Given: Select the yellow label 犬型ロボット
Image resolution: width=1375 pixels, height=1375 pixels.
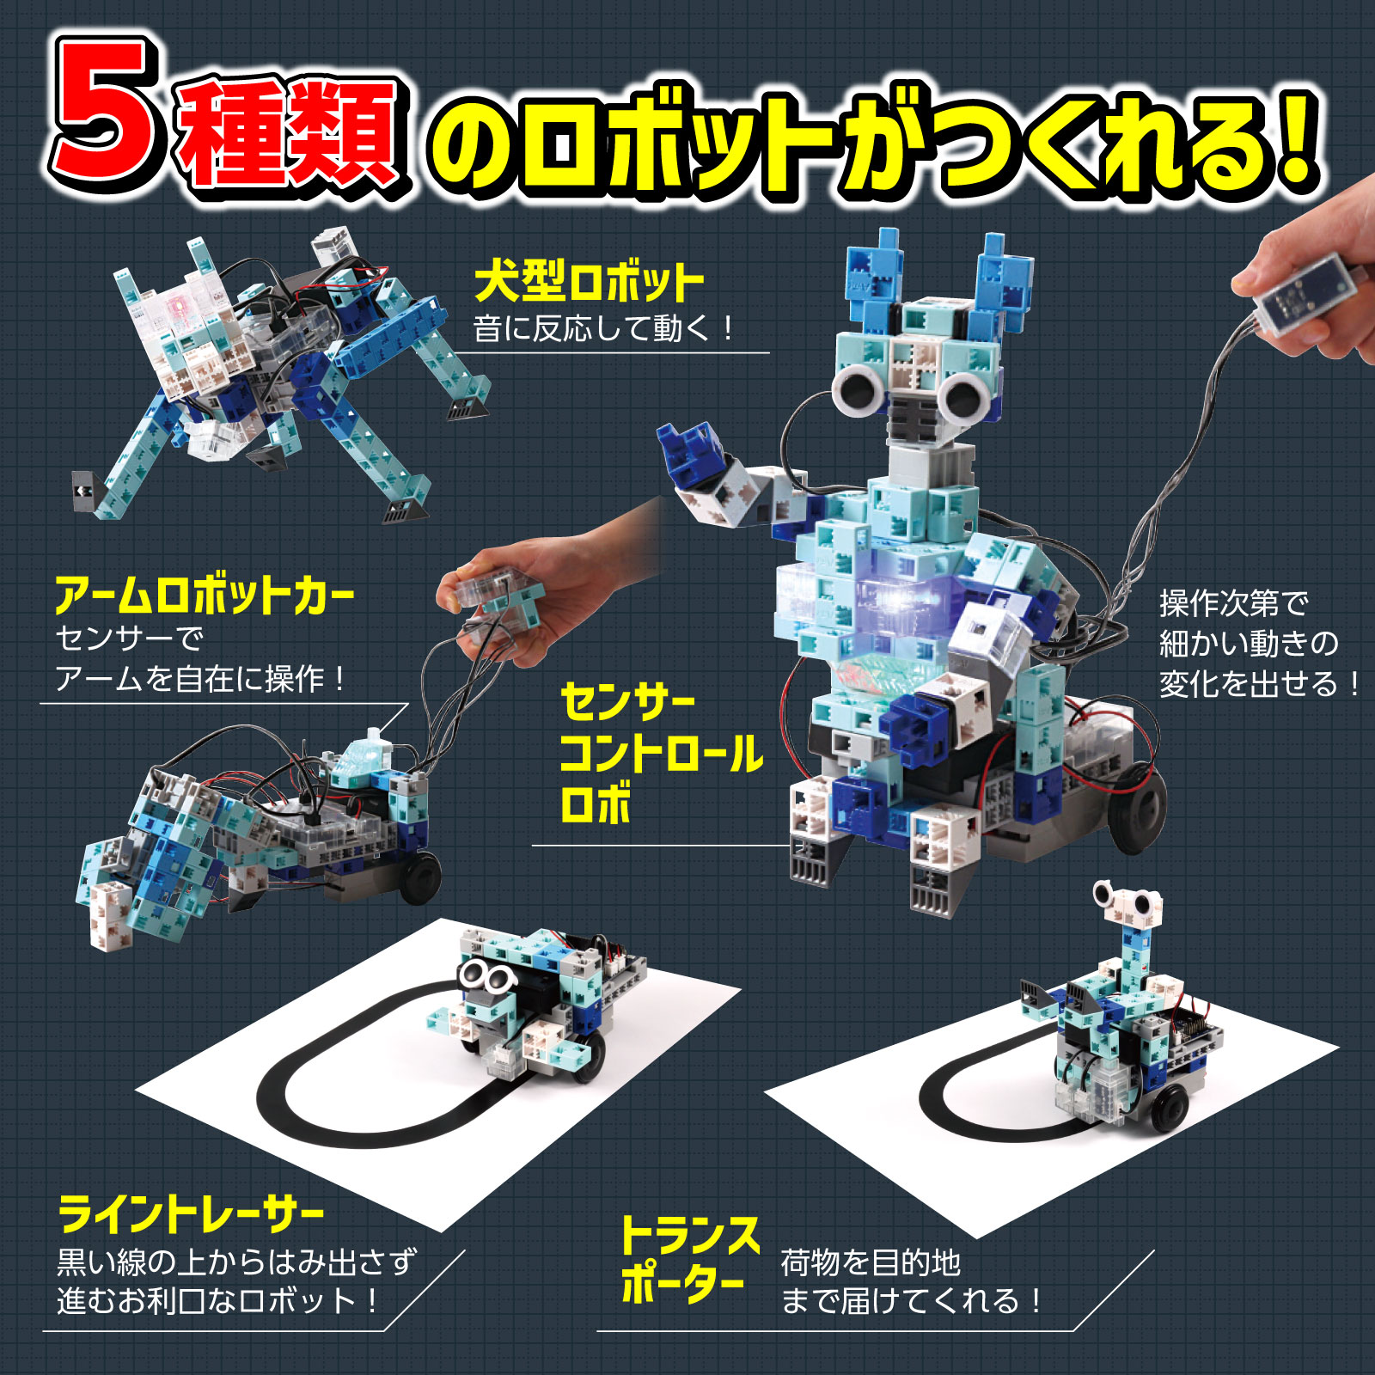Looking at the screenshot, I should click(x=589, y=282).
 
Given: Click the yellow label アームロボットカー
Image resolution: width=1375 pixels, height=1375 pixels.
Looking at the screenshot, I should click(x=205, y=595).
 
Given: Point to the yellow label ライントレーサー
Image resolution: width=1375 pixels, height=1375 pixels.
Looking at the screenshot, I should click(x=191, y=1213).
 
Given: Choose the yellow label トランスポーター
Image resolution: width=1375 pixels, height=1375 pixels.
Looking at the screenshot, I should click(x=687, y=1259).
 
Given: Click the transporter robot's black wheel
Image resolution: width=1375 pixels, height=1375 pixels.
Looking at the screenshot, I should click(x=1167, y=1109).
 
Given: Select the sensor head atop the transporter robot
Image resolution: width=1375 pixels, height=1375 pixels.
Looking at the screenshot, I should click(x=1127, y=900).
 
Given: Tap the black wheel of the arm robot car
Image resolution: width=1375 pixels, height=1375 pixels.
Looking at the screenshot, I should click(x=419, y=877).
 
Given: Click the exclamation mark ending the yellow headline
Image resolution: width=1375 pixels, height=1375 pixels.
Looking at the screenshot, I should click(x=1293, y=137).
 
